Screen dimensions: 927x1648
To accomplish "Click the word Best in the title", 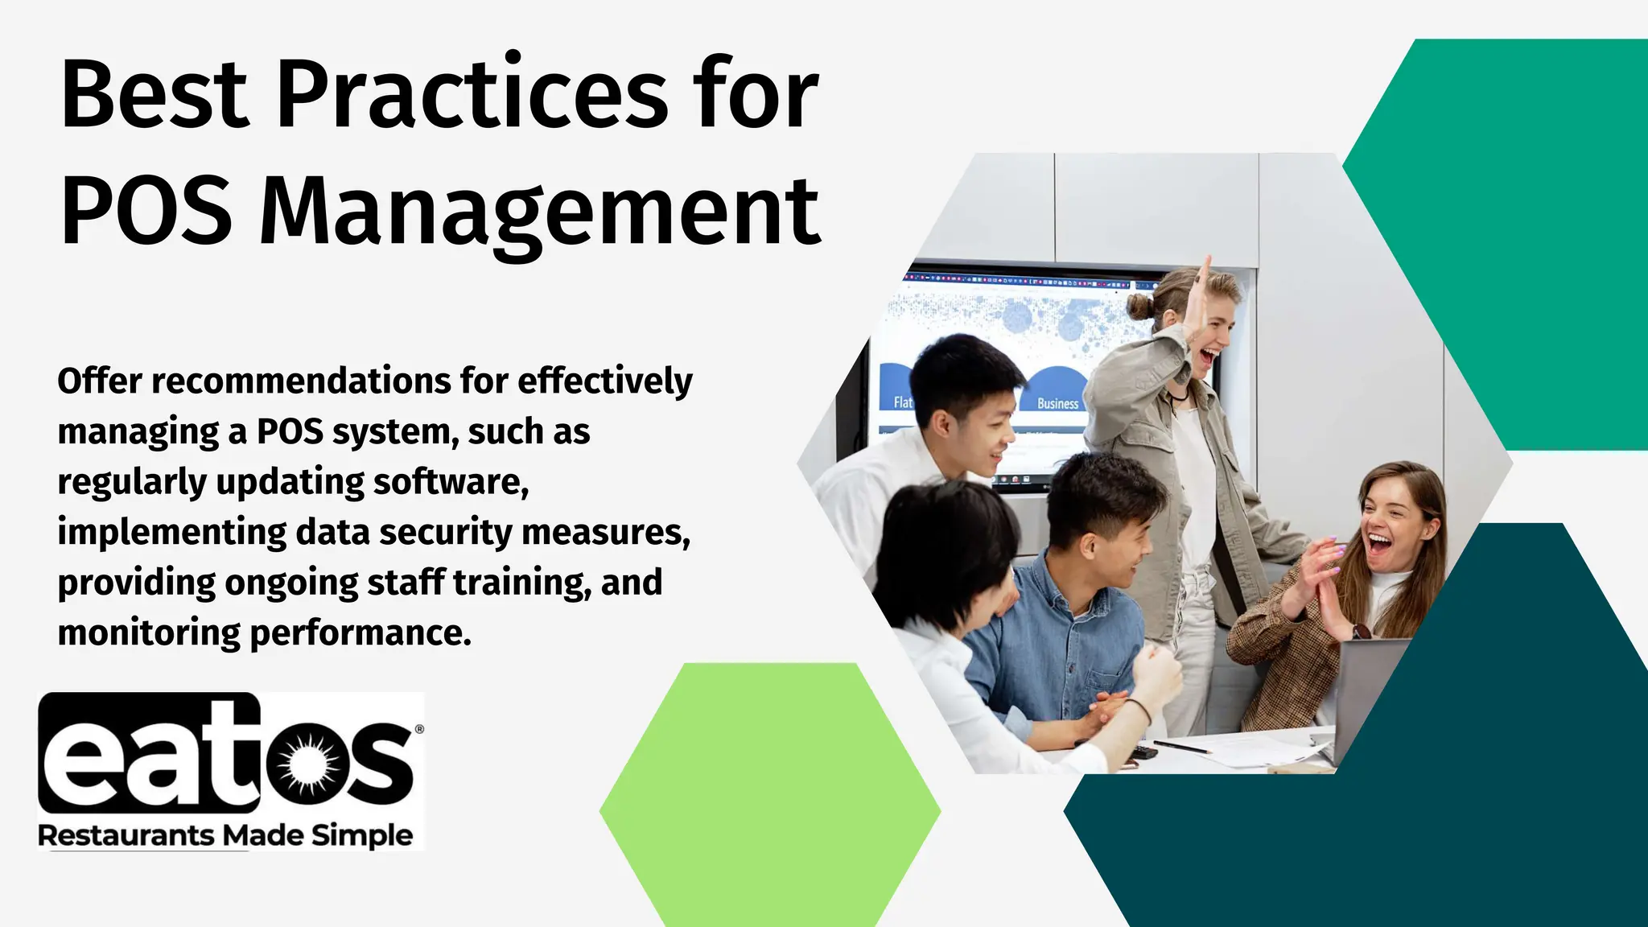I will (154, 96).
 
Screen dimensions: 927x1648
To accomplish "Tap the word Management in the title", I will (539, 212).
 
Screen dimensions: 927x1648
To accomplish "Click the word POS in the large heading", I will (146, 212).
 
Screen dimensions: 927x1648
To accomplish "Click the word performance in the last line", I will (360, 633).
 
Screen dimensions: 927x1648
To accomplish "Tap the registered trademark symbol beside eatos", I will (418, 729).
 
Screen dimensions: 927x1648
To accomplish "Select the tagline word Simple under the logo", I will (362, 836).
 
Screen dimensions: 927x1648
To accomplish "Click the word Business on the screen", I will (1057, 403).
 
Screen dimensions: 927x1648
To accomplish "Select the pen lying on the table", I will (1181, 748).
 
